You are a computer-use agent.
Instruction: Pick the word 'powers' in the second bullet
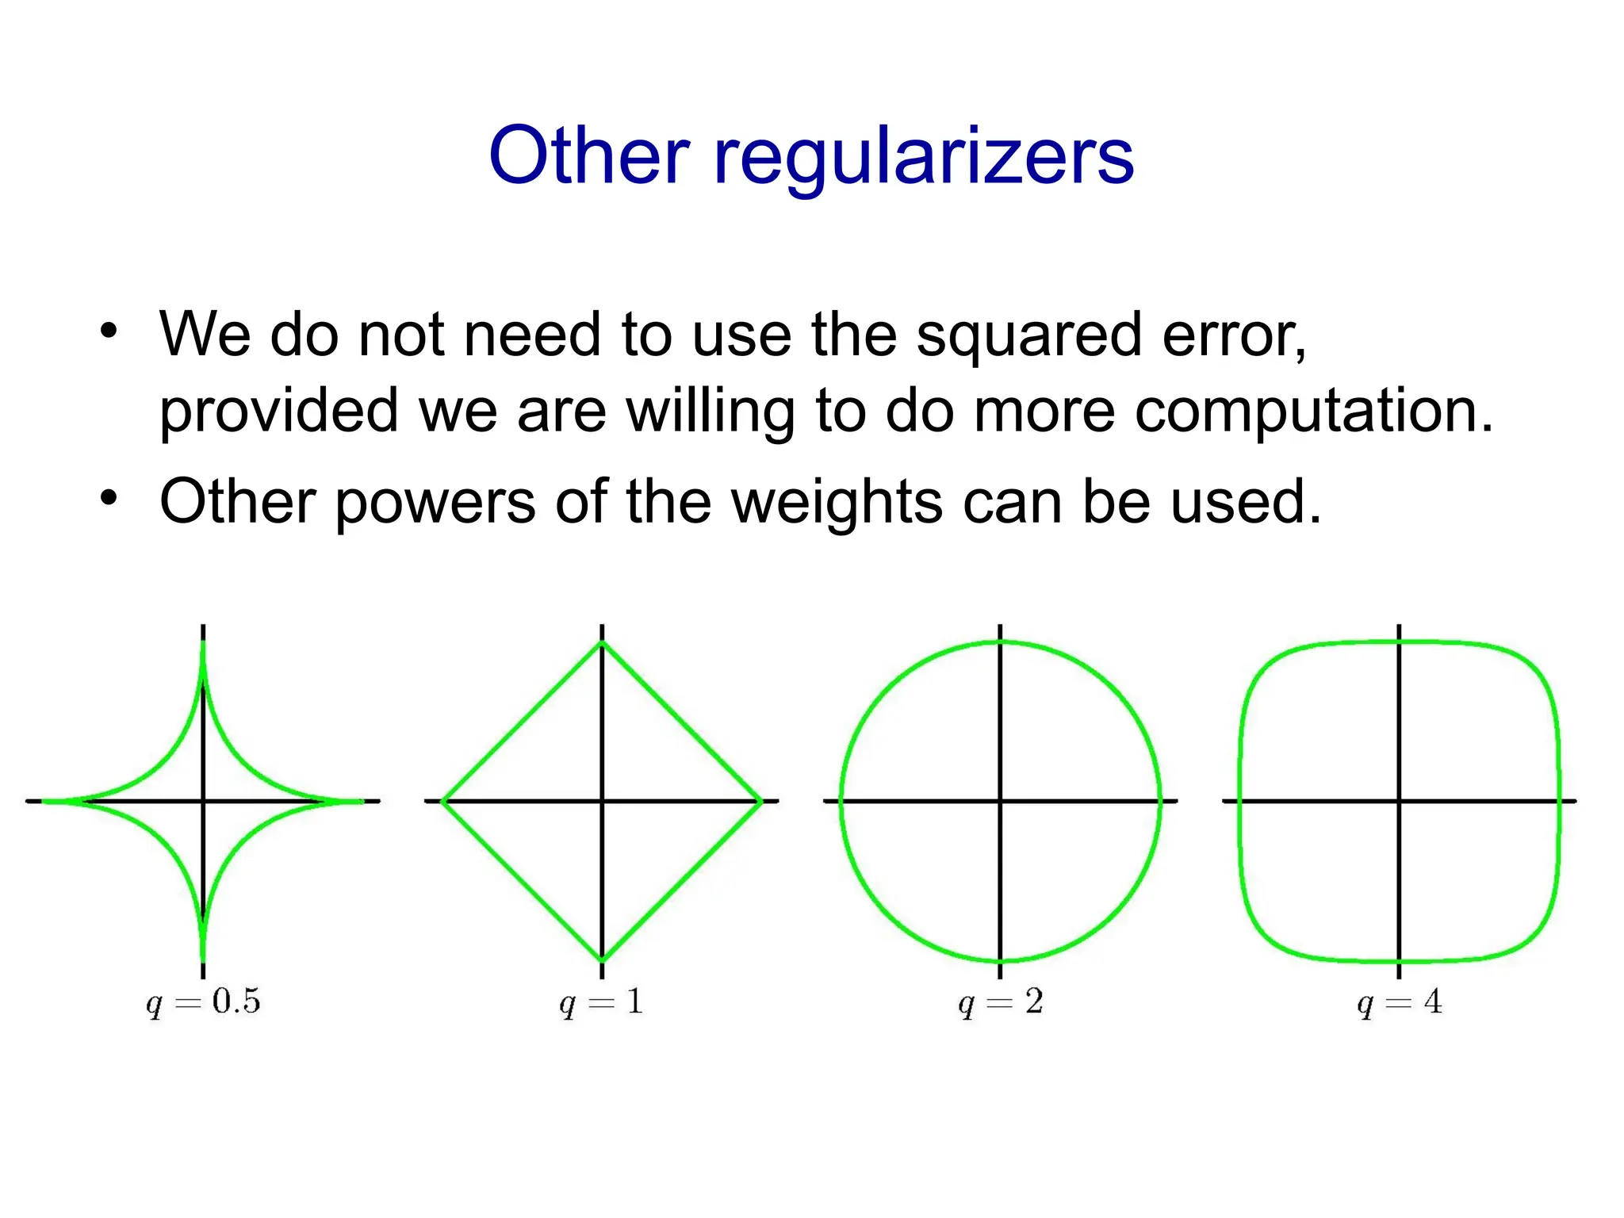click(x=435, y=504)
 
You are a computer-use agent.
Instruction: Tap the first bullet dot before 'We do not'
click(x=109, y=330)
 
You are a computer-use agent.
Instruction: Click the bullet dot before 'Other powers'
click(x=109, y=498)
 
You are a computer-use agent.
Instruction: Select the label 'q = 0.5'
click(x=203, y=1002)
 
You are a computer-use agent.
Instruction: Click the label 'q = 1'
click(x=601, y=1002)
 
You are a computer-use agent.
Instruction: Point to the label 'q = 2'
click(x=1000, y=1002)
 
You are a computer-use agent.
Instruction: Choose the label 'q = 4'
click(x=1399, y=1002)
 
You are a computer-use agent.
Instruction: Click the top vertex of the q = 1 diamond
click(x=602, y=642)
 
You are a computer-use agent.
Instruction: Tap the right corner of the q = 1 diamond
click(x=761, y=801)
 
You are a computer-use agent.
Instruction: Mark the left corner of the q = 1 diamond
click(x=442, y=801)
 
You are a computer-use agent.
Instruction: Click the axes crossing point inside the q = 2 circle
click(x=1001, y=801)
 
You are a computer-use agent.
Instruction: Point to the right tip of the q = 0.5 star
click(x=362, y=801)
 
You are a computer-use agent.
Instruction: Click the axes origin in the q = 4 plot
click(x=1399, y=801)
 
